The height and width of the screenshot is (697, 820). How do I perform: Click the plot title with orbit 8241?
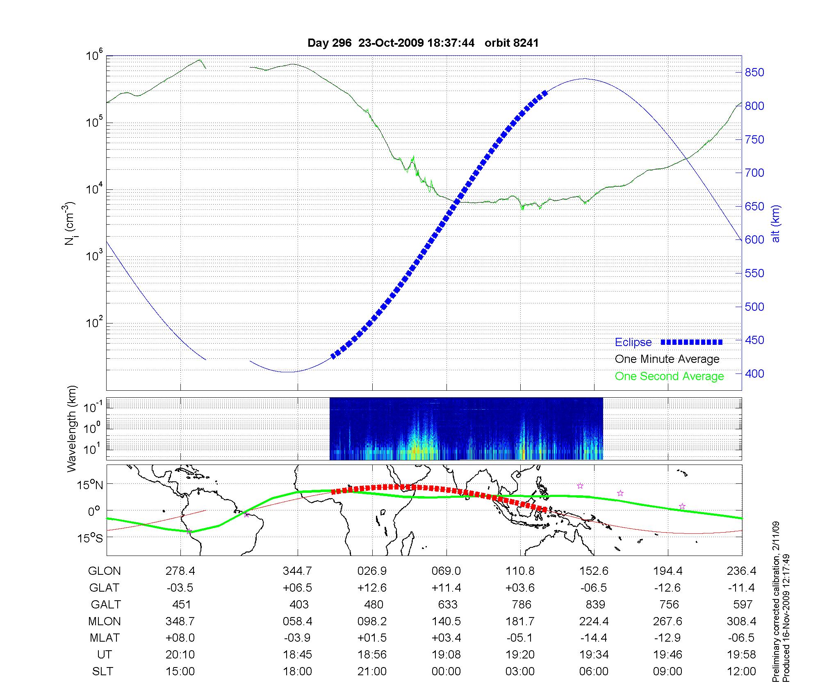click(x=423, y=43)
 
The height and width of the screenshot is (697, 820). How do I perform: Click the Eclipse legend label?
click(x=633, y=342)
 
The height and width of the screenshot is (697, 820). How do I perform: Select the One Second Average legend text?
click(x=669, y=376)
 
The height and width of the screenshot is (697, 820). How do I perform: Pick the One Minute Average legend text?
click(x=667, y=359)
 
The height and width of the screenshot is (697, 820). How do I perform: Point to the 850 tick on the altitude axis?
click(x=754, y=73)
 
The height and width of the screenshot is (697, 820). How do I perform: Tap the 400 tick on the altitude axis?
click(x=754, y=374)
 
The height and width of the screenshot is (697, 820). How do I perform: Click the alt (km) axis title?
click(x=776, y=223)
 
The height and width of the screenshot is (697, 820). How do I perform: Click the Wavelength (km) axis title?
click(x=72, y=429)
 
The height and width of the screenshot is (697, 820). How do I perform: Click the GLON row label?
click(x=105, y=571)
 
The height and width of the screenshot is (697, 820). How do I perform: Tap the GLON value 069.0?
click(x=446, y=571)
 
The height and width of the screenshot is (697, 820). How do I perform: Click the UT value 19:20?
click(x=520, y=655)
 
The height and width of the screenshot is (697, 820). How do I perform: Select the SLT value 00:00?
click(x=446, y=672)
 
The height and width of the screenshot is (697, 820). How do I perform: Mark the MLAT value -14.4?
click(x=594, y=638)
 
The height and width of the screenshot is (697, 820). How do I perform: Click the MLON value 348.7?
click(x=180, y=622)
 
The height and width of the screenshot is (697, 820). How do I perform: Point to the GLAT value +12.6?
click(x=372, y=588)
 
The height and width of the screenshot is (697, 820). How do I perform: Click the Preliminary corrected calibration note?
click(x=776, y=602)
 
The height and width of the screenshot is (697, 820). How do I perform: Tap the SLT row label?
click(x=102, y=672)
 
